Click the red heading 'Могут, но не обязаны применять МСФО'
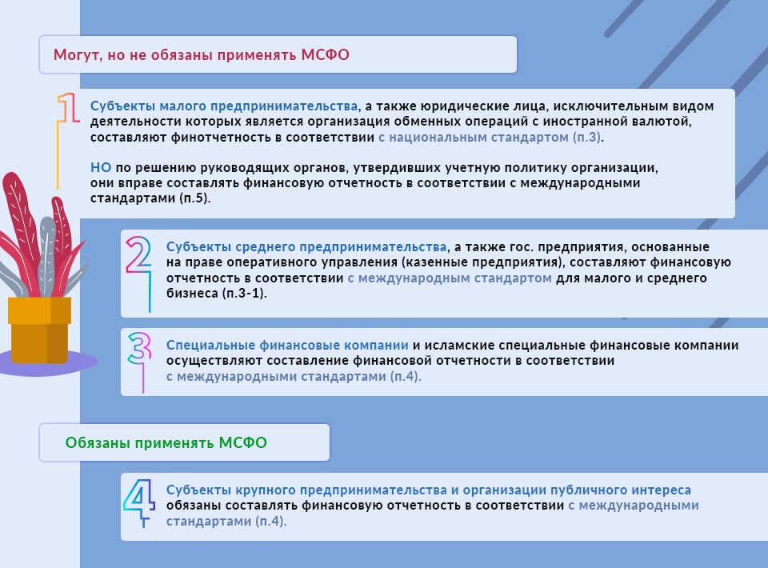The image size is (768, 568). pos(202,55)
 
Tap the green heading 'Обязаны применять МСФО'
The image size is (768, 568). pos(166,442)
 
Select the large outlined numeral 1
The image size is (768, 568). pos(69,108)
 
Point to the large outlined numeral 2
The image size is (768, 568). pos(138,254)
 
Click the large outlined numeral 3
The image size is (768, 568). pos(140,348)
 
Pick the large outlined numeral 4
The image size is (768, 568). pos(139,498)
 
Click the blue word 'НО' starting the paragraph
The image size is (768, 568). pos(101,167)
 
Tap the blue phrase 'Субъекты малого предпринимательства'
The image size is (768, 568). pos(224,106)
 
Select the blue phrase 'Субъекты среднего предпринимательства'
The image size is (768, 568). pos(306,246)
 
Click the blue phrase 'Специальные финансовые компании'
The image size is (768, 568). pos(287,345)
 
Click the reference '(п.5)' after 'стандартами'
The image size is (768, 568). pos(195,198)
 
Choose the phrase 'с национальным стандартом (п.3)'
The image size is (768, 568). pos(490,137)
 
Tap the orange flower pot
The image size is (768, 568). pos(39,330)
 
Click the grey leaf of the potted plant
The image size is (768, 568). pos(47,254)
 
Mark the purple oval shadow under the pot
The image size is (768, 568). pos(48,363)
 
